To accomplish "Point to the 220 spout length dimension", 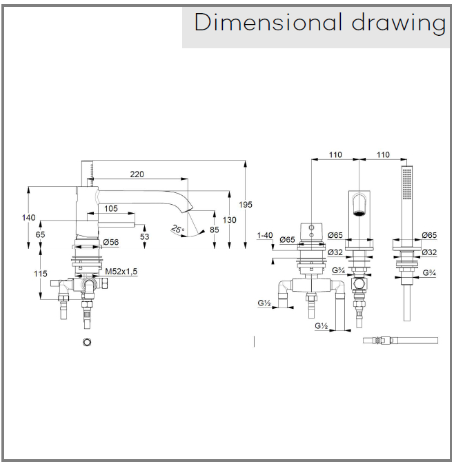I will (137, 174).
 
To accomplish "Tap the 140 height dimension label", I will (29, 217).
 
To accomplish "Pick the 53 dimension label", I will (144, 237).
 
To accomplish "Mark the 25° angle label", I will (178, 230).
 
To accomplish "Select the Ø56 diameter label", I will (111, 243).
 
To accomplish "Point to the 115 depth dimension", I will (41, 274).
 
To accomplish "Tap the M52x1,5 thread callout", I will (122, 272).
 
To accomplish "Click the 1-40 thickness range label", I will (265, 236).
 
